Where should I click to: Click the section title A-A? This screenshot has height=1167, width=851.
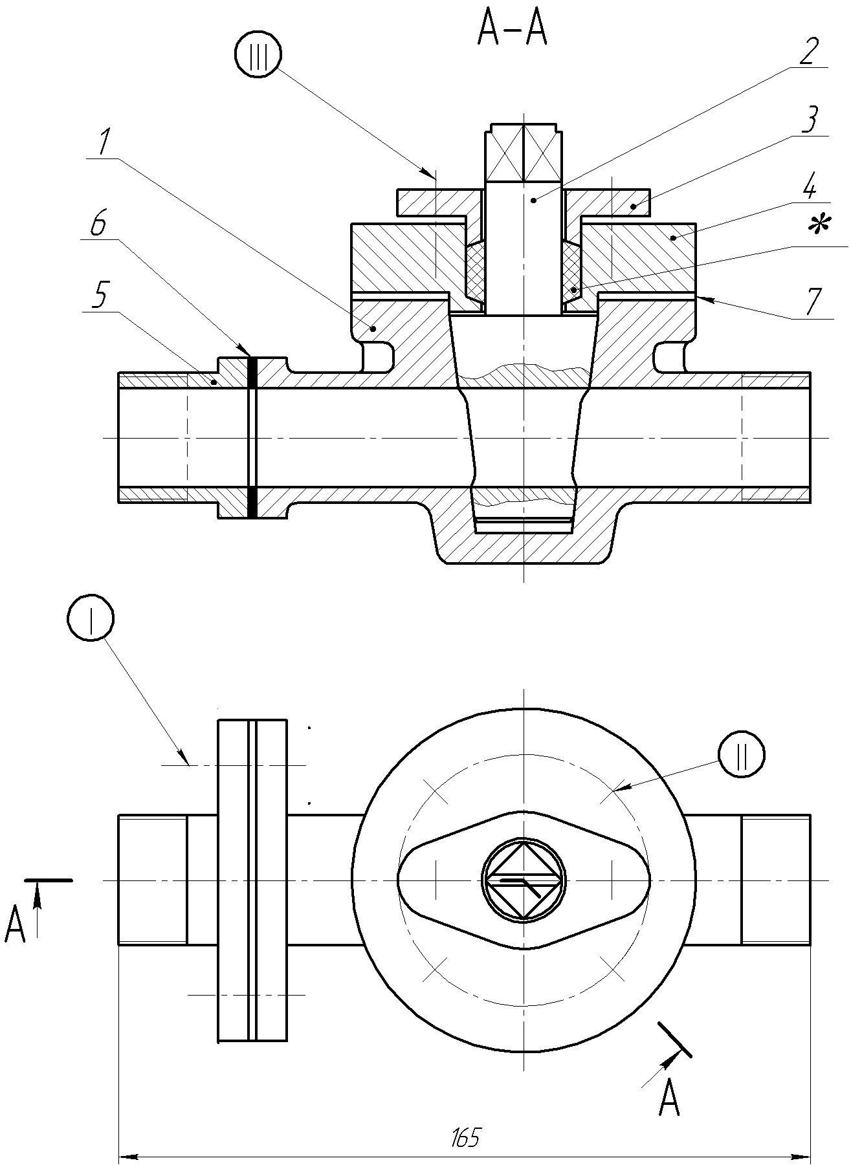tap(512, 30)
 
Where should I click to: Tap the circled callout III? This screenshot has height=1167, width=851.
tap(258, 56)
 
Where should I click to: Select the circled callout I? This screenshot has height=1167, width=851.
tap(90, 618)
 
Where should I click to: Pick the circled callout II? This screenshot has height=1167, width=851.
tap(741, 754)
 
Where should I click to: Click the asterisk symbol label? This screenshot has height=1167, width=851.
tap(820, 226)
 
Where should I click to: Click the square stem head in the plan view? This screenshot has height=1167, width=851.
tap(523, 880)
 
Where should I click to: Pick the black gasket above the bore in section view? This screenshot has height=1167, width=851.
tap(252, 373)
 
